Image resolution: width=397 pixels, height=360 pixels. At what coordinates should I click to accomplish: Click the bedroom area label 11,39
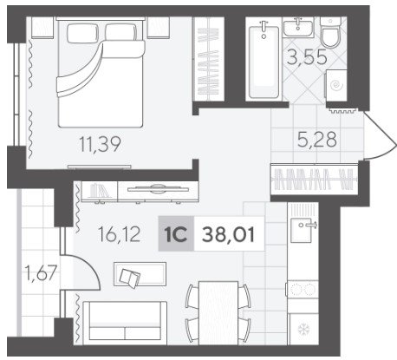pyautogui.click(x=100, y=144)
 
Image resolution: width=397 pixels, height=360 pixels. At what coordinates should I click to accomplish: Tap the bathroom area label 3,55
pyautogui.click(x=307, y=56)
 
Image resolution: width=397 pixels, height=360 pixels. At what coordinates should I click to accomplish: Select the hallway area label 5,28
pyautogui.click(x=317, y=140)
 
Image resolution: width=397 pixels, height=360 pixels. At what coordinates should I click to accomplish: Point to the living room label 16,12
pyautogui.click(x=120, y=234)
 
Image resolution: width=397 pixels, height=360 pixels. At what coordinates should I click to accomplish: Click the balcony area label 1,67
pyautogui.click(x=41, y=272)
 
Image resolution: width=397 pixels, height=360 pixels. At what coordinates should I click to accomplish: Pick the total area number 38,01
pyautogui.click(x=228, y=234)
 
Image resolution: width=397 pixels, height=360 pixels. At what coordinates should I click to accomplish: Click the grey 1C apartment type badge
pyautogui.click(x=176, y=233)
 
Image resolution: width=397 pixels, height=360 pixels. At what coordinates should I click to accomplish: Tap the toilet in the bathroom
pyautogui.click(x=330, y=32)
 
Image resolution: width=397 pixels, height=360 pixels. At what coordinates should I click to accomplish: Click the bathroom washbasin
pyautogui.click(x=298, y=27)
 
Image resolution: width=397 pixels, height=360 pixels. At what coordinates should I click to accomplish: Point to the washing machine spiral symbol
pyautogui.click(x=336, y=85)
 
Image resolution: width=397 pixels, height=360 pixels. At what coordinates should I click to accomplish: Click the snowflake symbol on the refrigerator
pyautogui.click(x=303, y=329)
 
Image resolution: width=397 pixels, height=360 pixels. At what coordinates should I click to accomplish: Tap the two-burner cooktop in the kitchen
pyautogui.click(x=303, y=289)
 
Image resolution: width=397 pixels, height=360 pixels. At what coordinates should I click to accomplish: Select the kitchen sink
pyautogui.click(x=301, y=231)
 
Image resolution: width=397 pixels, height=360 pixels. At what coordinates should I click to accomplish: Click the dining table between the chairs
pyautogui.click(x=218, y=313)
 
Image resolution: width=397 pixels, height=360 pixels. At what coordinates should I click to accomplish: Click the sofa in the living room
pyautogui.click(x=125, y=323)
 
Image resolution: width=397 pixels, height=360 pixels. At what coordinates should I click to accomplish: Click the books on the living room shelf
pyautogui.click(x=99, y=191)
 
